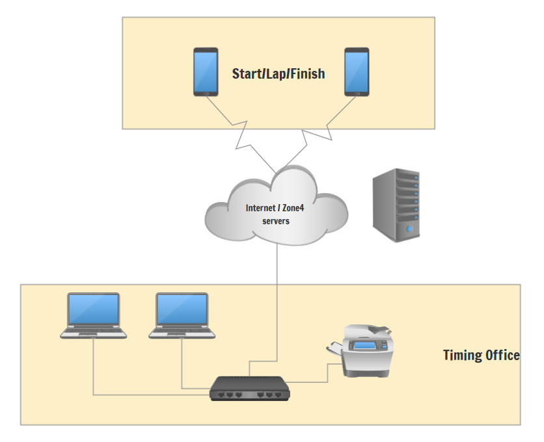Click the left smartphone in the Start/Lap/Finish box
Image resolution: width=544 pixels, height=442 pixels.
pyautogui.click(x=206, y=71)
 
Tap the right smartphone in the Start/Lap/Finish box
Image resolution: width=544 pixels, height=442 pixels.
pyautogui.click(x=357, y=71)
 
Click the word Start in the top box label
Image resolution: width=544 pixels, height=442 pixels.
pyautogui.click(x=246, y=74)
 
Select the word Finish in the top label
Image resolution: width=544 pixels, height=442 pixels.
pyautogui.click(x=308, y=74)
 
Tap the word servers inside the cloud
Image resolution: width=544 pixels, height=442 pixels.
pyautogui.click(x=275, y=221)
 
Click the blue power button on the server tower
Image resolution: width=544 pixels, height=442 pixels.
pyautogui.click(x=409, y=229)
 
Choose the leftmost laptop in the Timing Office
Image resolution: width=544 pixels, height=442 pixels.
pyautogui.click(x=94, y=315)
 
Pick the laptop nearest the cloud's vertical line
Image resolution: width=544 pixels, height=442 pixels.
pyautogui.click(x=182, y=315)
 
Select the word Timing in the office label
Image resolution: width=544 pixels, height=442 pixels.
pyautogui.click(x=462, y=355)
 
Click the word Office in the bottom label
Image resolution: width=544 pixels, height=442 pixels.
pyautogui.click(x=502, y=355)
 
